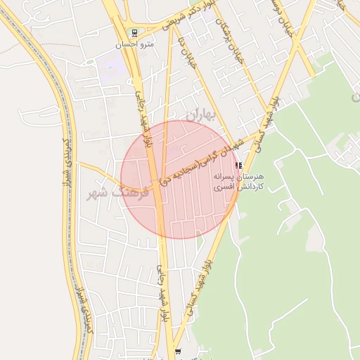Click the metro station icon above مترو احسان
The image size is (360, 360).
135,32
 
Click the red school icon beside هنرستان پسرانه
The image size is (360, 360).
239,165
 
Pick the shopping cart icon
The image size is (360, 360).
177,352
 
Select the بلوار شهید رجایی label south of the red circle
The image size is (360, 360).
162,294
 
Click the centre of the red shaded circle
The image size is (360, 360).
180,180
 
